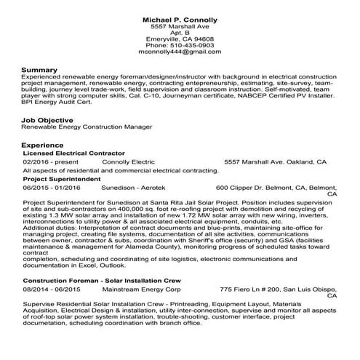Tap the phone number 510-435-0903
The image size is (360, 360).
tap(180, 45)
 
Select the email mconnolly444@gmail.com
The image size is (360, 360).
tap(180, 52)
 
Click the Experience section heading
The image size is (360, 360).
tap(43, 145)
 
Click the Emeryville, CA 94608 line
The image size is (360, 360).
tap(180, 38)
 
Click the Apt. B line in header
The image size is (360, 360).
tap(180, 31)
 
